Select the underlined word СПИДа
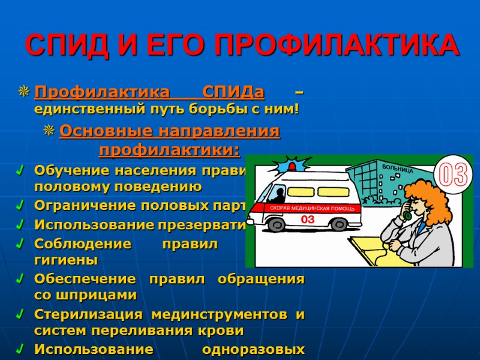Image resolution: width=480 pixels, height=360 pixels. coord(233,93)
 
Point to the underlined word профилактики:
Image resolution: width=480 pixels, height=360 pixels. coord(169,148)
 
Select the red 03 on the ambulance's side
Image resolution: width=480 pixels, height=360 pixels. coord(307,220)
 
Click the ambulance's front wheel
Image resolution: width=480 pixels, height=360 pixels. coord(277,224)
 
